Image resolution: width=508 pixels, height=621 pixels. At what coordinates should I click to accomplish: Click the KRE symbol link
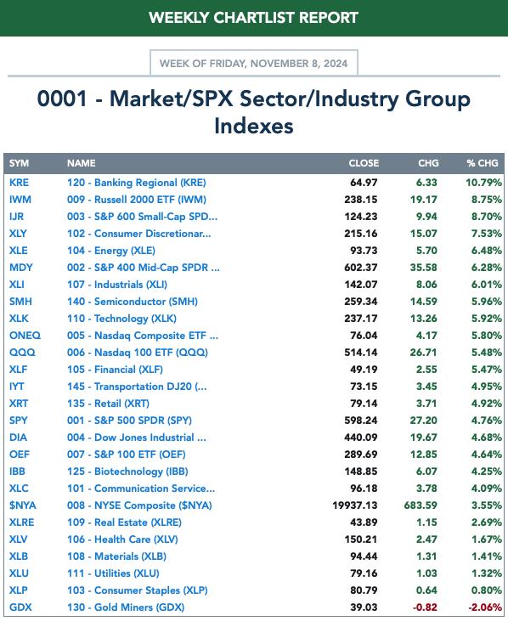[19, 183]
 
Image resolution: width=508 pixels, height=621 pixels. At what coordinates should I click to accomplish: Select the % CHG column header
[483, 163]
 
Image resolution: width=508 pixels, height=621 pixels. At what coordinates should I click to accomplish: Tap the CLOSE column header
[364, 163]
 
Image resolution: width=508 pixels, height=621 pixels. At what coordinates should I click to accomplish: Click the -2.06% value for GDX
[485, 607]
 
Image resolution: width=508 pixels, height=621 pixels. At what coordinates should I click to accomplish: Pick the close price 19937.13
[355, 505]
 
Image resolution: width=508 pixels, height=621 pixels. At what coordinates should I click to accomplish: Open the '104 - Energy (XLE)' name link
[111, 251]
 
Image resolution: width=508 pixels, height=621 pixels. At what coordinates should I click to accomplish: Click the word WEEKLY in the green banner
[179, 18]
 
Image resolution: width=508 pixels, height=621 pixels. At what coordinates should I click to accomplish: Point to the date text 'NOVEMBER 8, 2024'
[299, 64]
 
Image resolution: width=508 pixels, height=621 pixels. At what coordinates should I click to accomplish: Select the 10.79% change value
[484, 183]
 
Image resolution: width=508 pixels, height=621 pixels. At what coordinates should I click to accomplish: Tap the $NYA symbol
[23, 505]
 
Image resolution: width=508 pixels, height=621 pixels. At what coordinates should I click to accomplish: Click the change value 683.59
[421, 505]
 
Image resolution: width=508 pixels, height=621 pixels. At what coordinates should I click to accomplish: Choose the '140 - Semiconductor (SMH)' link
[133, 302]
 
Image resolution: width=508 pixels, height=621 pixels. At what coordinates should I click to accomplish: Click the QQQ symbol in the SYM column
[22, 353]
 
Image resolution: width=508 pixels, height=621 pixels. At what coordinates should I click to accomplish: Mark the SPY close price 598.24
[361, 421]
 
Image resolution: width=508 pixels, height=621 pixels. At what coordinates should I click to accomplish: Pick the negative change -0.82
[425, 607]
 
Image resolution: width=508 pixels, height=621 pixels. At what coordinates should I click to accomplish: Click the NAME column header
[82, 163]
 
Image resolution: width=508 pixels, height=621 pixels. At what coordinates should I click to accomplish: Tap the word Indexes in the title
[254, 126]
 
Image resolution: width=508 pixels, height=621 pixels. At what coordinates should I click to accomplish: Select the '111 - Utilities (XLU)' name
[113, 573]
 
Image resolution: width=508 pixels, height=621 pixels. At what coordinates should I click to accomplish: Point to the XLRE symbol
[22, 522]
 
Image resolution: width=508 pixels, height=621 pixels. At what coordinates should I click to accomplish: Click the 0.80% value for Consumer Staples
[487, 590]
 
